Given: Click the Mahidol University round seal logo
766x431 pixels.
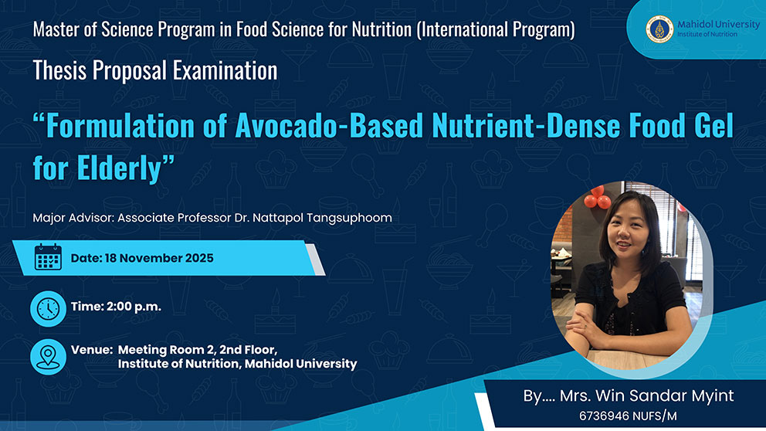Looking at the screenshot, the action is coord(659,29).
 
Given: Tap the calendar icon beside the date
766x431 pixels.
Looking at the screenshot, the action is coord(48,257).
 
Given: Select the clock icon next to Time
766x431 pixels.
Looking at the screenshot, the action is coord(48,309).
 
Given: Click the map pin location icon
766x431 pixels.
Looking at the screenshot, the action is coord(48,357).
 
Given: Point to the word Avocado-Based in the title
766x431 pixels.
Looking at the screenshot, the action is coord(329,125).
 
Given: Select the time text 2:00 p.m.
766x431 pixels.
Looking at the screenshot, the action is coord(134,307).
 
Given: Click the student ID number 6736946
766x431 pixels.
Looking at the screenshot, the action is coord(604,416).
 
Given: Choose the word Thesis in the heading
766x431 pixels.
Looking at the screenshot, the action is coord(59,70).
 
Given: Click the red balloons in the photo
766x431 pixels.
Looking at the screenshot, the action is coord(598,197).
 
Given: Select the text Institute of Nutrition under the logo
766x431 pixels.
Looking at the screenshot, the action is coord(707,34).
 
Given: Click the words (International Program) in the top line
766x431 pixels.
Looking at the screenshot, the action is coord(496,30).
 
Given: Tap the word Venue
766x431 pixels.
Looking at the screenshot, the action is coord(92,350).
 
